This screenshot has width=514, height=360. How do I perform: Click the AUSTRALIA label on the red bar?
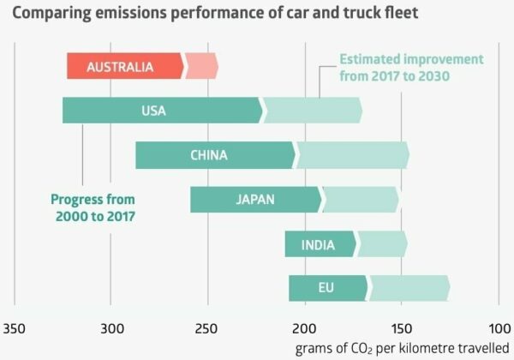pyautogui.click(x=120, y=66)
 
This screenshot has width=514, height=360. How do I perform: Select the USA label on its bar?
pyautogui.click(x=154, y=111)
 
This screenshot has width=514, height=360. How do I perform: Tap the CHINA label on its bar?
pyautogui.click(x=209, y=155)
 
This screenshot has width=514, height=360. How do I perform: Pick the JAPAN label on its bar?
pyautogui.click(x=255, y=200)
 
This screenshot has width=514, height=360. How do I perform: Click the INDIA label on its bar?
pyautogui.click(x=318, y=245)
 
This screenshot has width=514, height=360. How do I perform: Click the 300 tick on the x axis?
pyautogui.click(x=111, y=329)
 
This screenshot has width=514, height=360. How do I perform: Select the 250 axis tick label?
pyautogui.click(x=207, y=329)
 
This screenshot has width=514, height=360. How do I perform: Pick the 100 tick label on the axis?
pyautogui.click(x=498, y=329)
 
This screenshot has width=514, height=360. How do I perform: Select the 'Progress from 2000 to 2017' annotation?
pyautogui.click(x=94, y=208)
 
